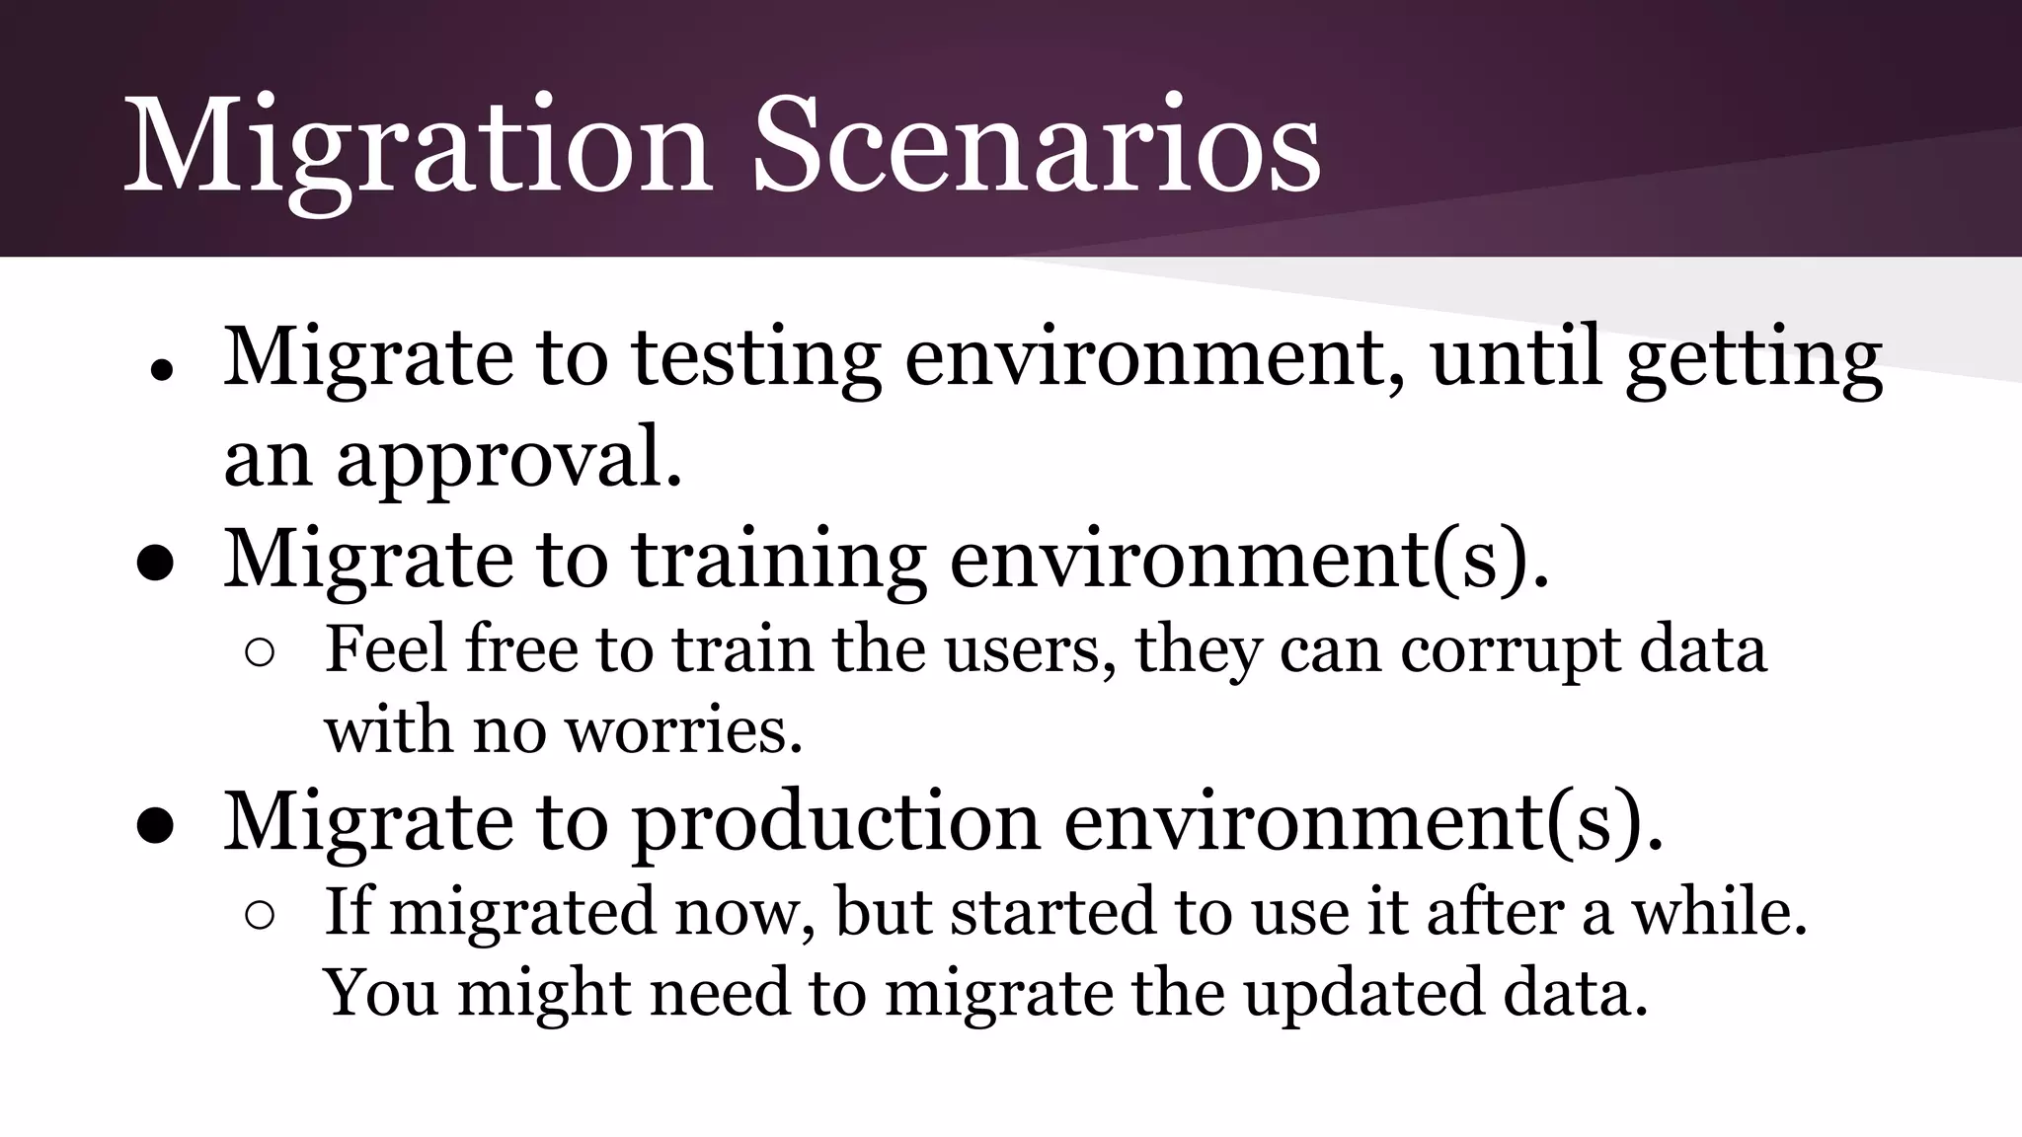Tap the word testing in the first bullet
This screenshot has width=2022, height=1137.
pos(756,357)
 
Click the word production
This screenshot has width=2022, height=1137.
pos(835,823)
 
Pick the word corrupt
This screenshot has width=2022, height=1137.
pos(1511,651)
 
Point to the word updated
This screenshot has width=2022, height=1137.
pos(1363,993)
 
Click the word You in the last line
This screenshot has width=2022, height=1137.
pos(381,993)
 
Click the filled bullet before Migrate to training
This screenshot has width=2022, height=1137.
pos(156,567)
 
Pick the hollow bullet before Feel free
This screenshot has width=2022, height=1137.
pos(260,654)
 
